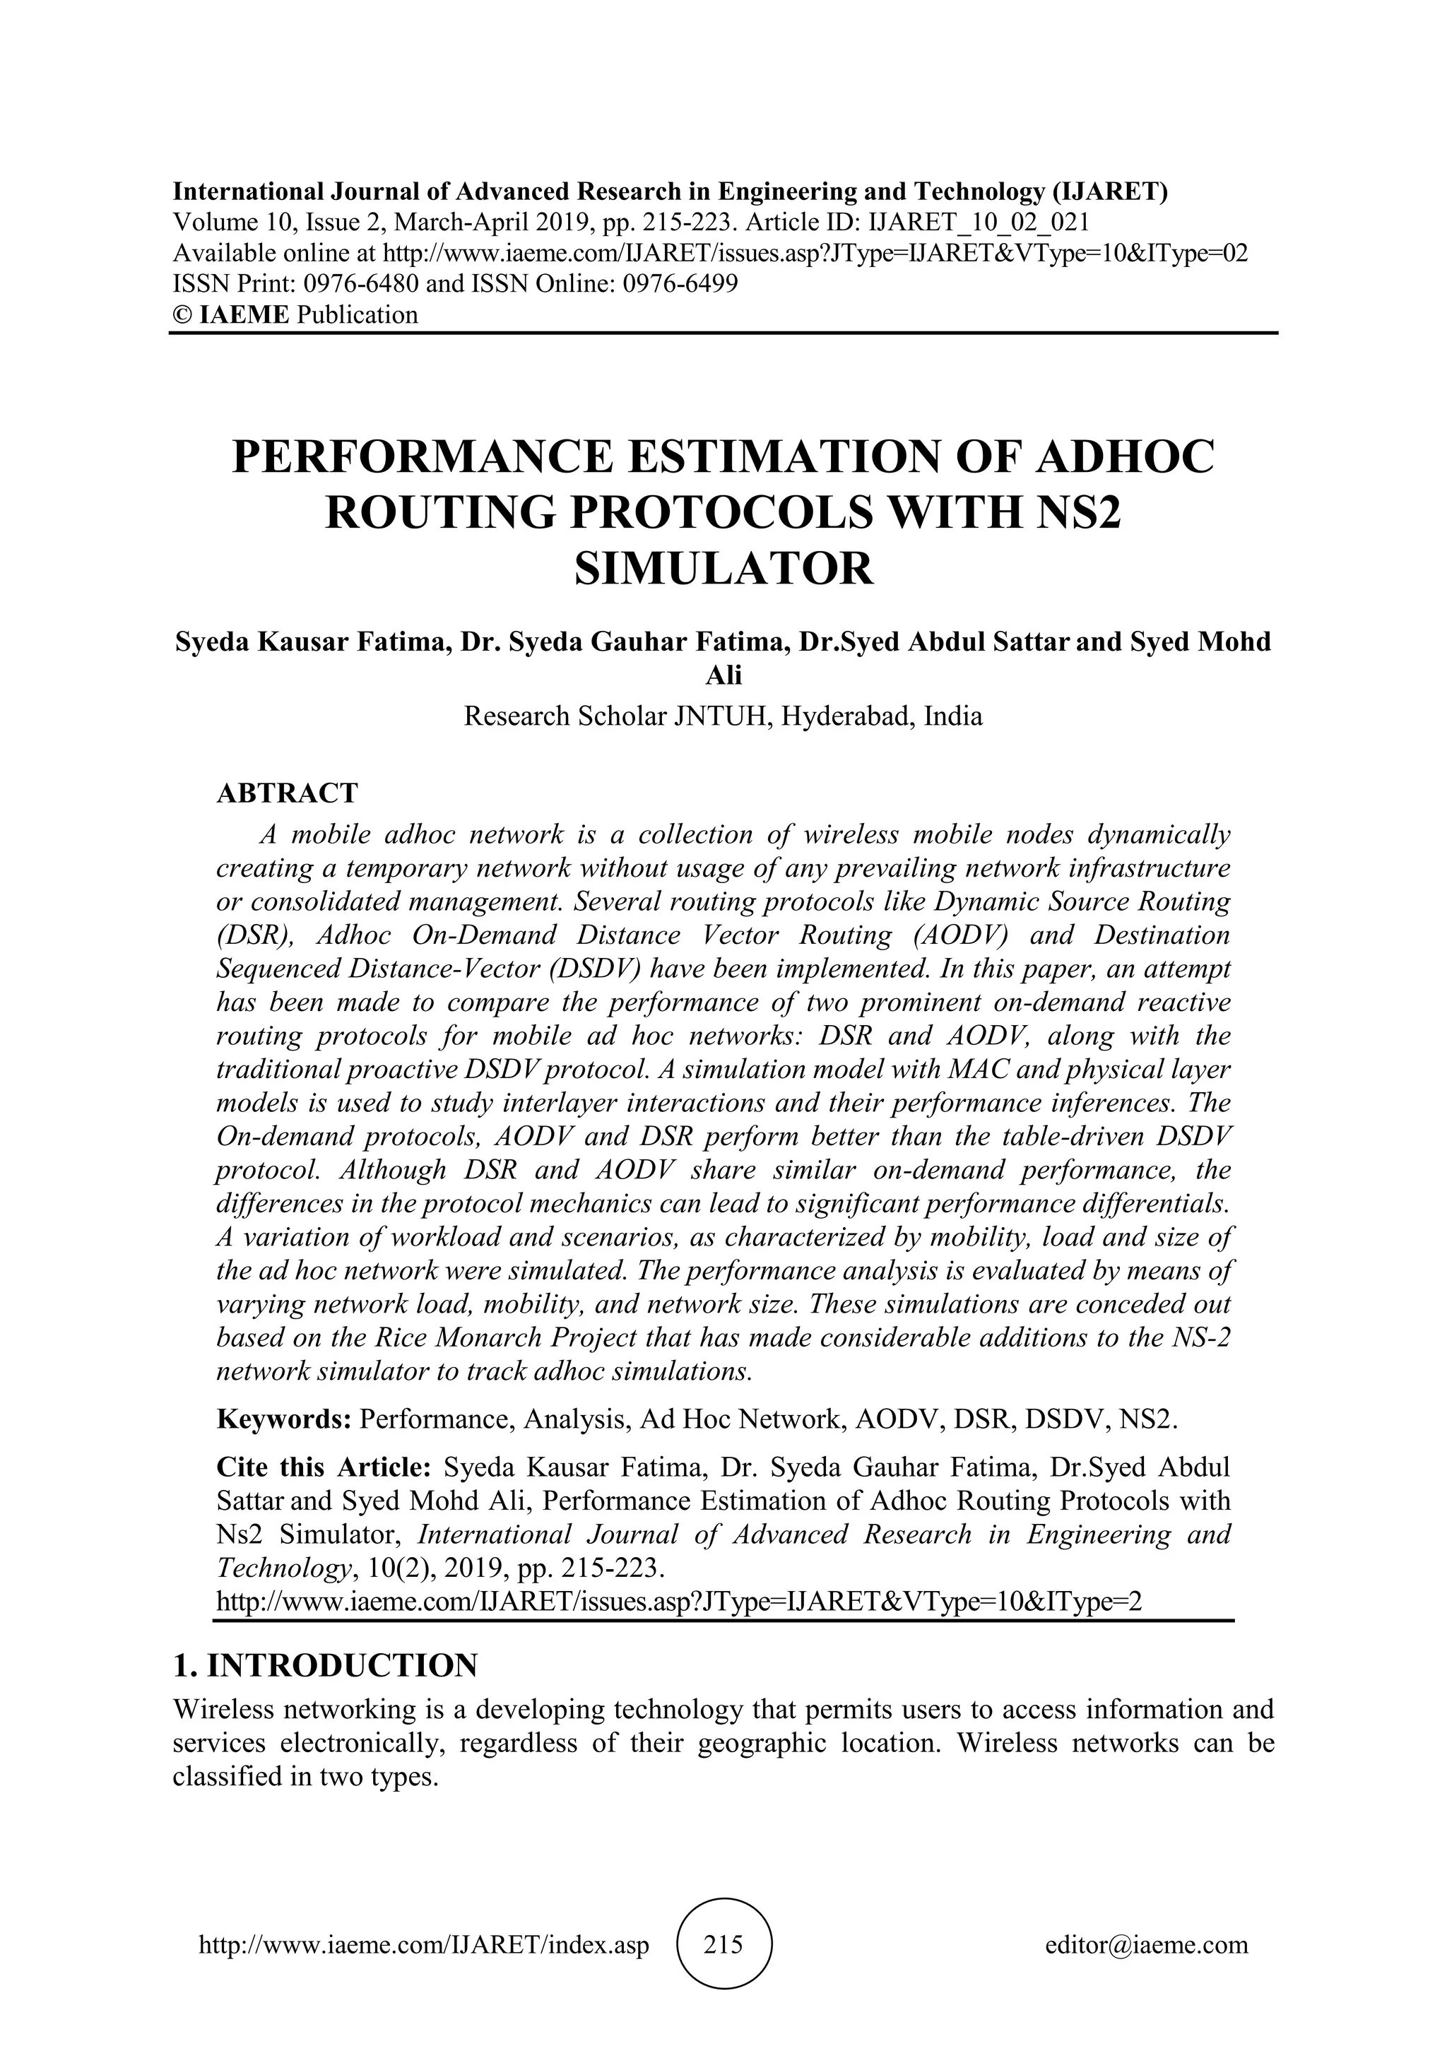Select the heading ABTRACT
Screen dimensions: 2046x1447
pyautogui.click(x=287, y=793)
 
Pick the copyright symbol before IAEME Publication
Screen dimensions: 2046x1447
pyautogui.click(x=182, y=314)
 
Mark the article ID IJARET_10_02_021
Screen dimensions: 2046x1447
pyautogui.click(x=979, y=222)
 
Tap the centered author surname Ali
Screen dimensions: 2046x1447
pyautogui.click(x=723, y=676)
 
